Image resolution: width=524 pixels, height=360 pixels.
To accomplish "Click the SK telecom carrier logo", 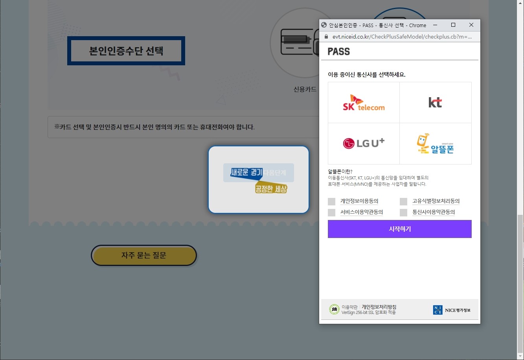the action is coord(364,103).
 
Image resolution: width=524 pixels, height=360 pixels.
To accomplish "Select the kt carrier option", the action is coord(435,103).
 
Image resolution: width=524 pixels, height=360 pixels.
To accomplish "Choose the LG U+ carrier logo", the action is coord(364,143).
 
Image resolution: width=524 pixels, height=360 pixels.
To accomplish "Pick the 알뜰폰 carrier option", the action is coord(435,144).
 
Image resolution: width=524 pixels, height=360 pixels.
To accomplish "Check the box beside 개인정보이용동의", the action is coord(332,201).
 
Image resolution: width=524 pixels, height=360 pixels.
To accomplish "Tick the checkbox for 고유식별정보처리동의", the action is coord(403,201).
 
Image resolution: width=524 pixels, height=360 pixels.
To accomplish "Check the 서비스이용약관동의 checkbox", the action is coord(332,212).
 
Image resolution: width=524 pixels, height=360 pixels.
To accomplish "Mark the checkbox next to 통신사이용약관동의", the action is coord(403,212).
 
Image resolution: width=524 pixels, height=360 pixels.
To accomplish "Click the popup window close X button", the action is coord(471,25).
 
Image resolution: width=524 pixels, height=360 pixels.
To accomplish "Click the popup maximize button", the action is coord(453,25).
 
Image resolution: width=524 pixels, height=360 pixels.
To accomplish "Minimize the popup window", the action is coord(435,25).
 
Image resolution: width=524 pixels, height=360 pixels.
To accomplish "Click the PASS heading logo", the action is coord(338,52).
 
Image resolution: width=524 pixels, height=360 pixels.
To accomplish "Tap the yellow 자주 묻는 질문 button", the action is coord(144,255).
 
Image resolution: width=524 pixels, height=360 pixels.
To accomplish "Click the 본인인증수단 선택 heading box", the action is coord(126,51).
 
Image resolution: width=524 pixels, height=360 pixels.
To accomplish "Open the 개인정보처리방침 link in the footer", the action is coord(379,306).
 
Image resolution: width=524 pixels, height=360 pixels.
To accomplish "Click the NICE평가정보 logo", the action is coord(452,310).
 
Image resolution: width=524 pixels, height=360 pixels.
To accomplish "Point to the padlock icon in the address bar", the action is coord(325,37).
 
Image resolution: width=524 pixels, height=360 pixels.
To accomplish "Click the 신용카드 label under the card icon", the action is coord(305,89).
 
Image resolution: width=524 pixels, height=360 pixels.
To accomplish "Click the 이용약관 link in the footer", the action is coord(349,307).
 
